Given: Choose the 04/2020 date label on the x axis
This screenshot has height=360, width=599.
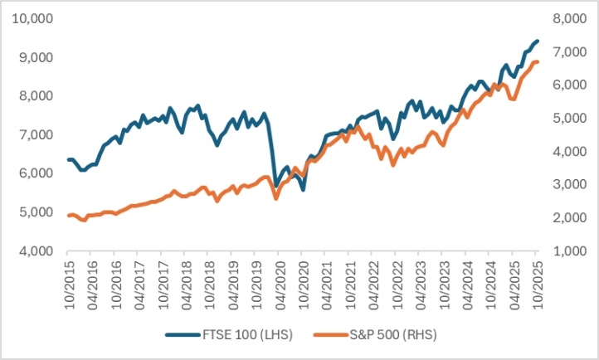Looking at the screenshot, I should tap(280, 282).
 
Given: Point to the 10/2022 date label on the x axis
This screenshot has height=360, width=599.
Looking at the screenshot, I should tap(397, 282).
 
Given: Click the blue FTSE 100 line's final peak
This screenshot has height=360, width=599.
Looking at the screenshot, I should tap(537, 41).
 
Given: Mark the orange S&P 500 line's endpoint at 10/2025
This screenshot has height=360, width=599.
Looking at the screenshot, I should tap(538, 62).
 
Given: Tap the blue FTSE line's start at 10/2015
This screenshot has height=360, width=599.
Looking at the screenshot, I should tap(69, 159).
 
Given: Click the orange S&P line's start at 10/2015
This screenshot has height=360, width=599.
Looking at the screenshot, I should tap(69, 216).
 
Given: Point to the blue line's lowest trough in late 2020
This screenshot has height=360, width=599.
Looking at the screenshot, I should tap(304, 190).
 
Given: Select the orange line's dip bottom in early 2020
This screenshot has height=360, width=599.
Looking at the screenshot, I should tap(276, 198).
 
